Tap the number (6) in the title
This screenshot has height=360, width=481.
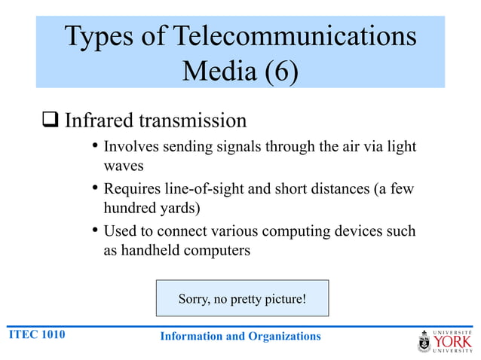click(x=277, y=72)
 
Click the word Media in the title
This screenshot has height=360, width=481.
click(x=216, y=72)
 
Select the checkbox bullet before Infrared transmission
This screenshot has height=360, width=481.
click(x=51, y=121)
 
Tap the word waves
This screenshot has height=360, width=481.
click(x=123, y=166)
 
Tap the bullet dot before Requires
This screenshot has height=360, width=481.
click(x=94, y=188)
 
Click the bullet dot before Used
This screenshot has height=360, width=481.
click(x=94, y=230)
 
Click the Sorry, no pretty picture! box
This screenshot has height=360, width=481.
click(x=242, y=299)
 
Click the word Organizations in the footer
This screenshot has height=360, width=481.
click(x=283, y=336)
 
